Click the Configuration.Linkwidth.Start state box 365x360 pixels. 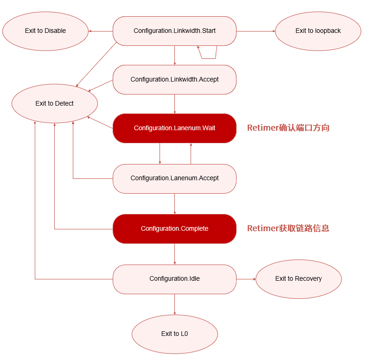[174, 31]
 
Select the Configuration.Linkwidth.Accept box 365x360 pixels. [174, 80]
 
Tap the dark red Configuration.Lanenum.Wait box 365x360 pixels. [174, 128]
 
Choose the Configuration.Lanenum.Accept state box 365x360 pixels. [174, 178]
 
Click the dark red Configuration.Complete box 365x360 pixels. [174, 229]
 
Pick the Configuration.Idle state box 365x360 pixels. [174, 279]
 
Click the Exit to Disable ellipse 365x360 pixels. [45, 31]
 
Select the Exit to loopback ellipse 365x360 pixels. [318, 31]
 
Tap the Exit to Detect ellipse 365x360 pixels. [55, 103]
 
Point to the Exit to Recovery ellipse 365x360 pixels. [298, 279]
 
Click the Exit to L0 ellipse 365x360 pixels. [174, 334]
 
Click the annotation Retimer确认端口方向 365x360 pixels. [288, 128]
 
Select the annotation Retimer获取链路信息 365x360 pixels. [288, 228]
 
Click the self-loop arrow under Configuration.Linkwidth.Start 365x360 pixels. [208, 58]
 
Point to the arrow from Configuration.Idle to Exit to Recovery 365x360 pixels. [246, 279]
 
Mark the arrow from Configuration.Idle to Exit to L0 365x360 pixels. [174, 304]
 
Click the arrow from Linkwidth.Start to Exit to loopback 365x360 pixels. [256, 31]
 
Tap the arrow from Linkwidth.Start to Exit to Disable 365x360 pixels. [101, 31]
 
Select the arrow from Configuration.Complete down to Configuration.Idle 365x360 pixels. [174, 254]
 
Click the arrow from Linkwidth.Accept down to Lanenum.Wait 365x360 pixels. [174, 104]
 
